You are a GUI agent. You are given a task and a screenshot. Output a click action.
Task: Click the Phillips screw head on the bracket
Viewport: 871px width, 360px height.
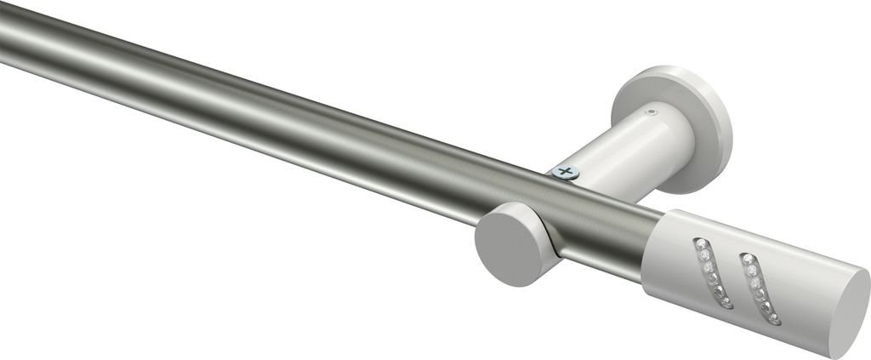565,173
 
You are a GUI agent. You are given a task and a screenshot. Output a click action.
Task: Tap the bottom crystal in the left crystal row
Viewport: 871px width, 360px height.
728,302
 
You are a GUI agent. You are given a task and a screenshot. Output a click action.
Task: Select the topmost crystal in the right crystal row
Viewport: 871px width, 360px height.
747,258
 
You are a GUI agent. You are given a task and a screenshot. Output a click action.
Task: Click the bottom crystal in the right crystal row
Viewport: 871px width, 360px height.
773,317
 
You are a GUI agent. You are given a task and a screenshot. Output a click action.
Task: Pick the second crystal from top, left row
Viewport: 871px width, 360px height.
705,254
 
